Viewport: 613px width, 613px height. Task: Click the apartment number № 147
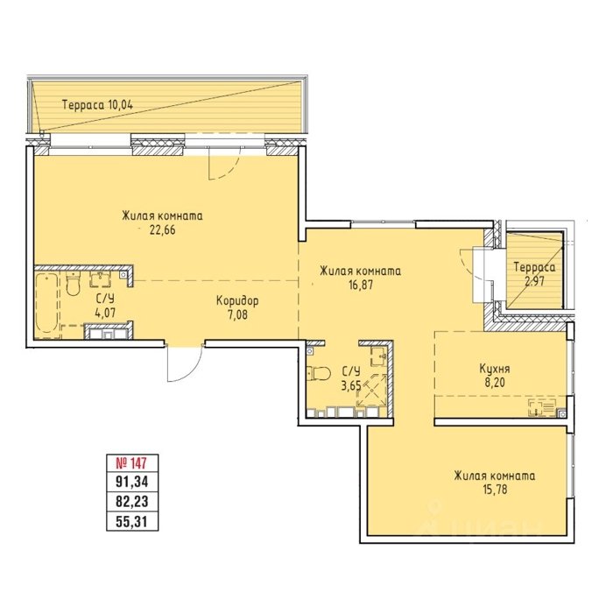(131, 463)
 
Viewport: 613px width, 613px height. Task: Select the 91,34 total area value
(132, 482)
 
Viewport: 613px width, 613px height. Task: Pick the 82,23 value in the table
(132, 501)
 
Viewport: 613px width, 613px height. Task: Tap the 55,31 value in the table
(132, 521)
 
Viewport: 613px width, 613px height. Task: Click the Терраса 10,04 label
(98, 105)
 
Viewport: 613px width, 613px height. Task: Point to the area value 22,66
(162, 229)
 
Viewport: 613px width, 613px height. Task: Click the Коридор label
(237, 301)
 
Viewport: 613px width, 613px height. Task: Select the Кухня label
(495, 369)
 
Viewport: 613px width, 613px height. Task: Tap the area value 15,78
(495, 490)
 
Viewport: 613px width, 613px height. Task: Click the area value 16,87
(361, 285)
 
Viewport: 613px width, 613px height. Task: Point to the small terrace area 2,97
(534, 281)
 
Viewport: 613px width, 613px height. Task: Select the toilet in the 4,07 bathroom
(73, 284)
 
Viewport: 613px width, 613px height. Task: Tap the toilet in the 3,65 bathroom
(319, 373)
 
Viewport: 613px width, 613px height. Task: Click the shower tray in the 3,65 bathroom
(371, 391)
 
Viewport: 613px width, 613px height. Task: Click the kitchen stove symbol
(542, 407)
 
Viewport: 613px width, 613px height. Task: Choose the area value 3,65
(351, 386)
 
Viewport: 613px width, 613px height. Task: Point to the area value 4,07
(105, 313)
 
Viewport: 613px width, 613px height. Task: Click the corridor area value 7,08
(237, 314)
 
